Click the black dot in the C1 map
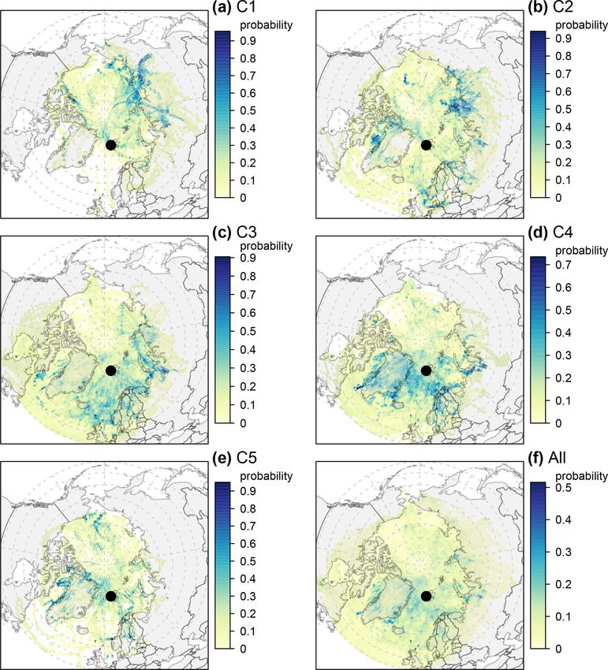click(x=110, y=144)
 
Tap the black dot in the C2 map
click(x=427, y=144)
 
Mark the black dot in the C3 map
click(x=110, y=370)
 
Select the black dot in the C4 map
click(x=427, y=370)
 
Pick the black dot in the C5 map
click(x=110, y=596)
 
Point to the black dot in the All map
click(x=427, y=596)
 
